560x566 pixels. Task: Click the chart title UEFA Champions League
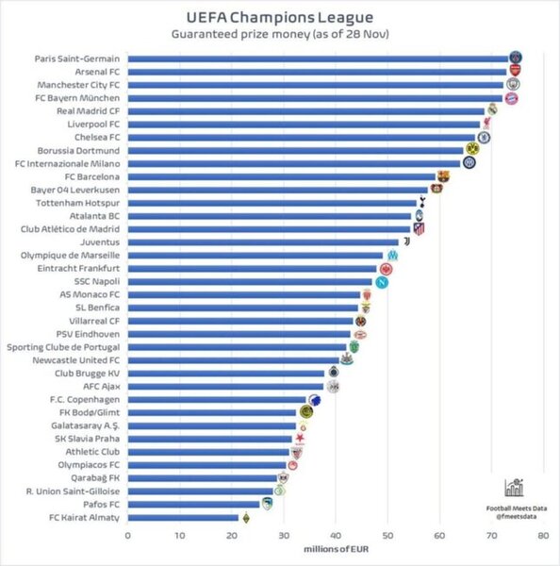280,16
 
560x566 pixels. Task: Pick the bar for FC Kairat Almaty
183,517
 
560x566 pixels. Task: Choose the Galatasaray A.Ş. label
83,425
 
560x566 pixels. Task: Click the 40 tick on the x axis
335,535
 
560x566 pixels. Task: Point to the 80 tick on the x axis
542,535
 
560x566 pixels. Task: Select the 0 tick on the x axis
127,535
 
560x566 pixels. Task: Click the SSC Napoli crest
383,281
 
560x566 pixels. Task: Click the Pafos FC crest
267,504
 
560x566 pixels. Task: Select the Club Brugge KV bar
226,373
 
